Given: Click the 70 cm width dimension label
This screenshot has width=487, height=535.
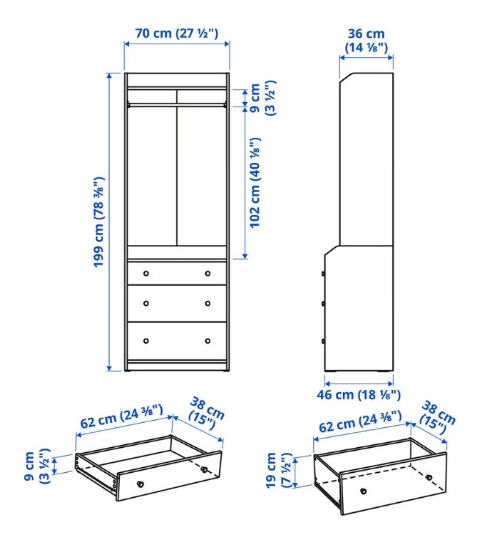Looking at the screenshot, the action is click(176, 33).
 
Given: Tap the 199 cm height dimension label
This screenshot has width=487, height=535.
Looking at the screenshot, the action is click(99, 221).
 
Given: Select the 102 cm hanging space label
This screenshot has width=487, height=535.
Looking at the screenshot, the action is click(255, 182).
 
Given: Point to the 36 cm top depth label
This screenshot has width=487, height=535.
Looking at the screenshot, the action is click(366, 40).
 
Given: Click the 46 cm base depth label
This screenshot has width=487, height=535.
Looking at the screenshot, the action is click(359, 395).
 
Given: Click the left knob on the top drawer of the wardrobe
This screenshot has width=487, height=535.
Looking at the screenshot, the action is click(146, 274).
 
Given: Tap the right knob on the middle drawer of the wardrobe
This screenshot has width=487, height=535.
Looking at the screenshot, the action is click(207, 304).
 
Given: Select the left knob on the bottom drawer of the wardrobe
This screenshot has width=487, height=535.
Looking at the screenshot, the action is click(146, 341).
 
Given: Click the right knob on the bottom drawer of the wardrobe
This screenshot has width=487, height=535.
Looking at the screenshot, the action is click(207, 341).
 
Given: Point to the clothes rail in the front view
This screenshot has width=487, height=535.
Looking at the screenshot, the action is click(177, 104).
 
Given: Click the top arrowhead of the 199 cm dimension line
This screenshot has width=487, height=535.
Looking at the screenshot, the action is click(109, 76).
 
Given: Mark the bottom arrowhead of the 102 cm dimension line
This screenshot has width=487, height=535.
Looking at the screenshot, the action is click(245, 256).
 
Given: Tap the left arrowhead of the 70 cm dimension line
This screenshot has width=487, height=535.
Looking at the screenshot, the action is click(127, 44).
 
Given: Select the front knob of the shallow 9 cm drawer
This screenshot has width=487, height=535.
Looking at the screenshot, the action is click(140, 484).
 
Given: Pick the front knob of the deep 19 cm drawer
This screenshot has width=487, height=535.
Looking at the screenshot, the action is click(364, 491).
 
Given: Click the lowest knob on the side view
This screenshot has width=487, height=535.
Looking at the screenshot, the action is click(323, 341).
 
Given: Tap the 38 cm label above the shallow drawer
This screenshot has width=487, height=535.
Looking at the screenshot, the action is click(205, 414).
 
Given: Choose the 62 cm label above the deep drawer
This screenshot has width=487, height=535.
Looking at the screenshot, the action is click(360, 421).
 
